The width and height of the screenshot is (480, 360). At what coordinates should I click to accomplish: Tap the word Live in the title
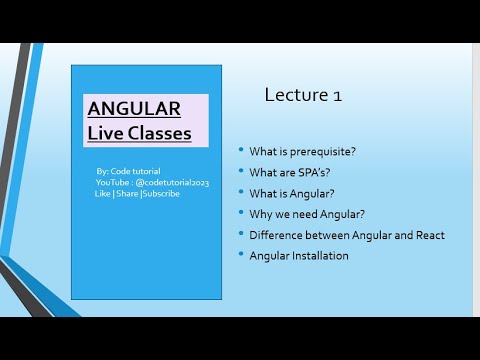[106, 133]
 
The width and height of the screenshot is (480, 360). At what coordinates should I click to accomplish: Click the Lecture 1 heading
[303, 95]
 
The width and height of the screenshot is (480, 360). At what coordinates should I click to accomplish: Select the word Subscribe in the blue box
[161, 193]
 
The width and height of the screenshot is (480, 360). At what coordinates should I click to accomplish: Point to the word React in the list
[425, 235]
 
